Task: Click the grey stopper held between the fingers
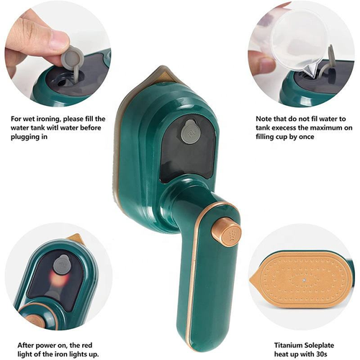point(71,56)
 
